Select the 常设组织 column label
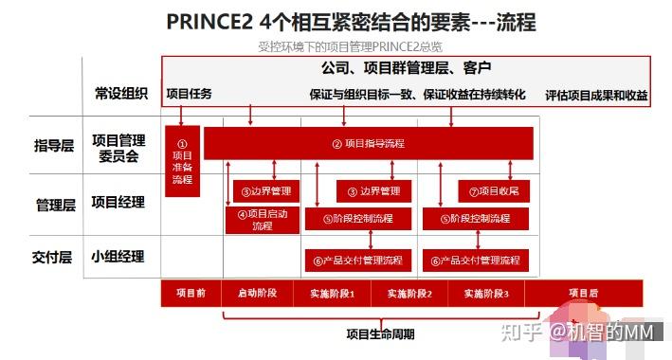tap(120, 93)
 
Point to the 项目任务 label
tap(189, 94)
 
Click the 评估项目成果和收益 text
tap(596, 95)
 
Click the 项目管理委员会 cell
tap(120, 146)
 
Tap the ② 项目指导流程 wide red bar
tap(368, 143)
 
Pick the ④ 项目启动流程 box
tap(263, 219)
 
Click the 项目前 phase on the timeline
tap(191, 294)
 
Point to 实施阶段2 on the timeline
tap(409, 294)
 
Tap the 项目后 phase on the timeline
tap(583, 293)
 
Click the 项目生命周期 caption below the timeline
tap(379, 333)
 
